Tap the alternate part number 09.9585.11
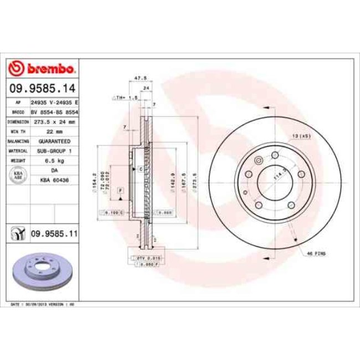point(53,234)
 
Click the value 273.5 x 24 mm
point(54,121)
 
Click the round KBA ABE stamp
point(18,176)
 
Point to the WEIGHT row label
point(18,161)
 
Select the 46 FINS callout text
point(316,253)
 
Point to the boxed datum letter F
point(120,190)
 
